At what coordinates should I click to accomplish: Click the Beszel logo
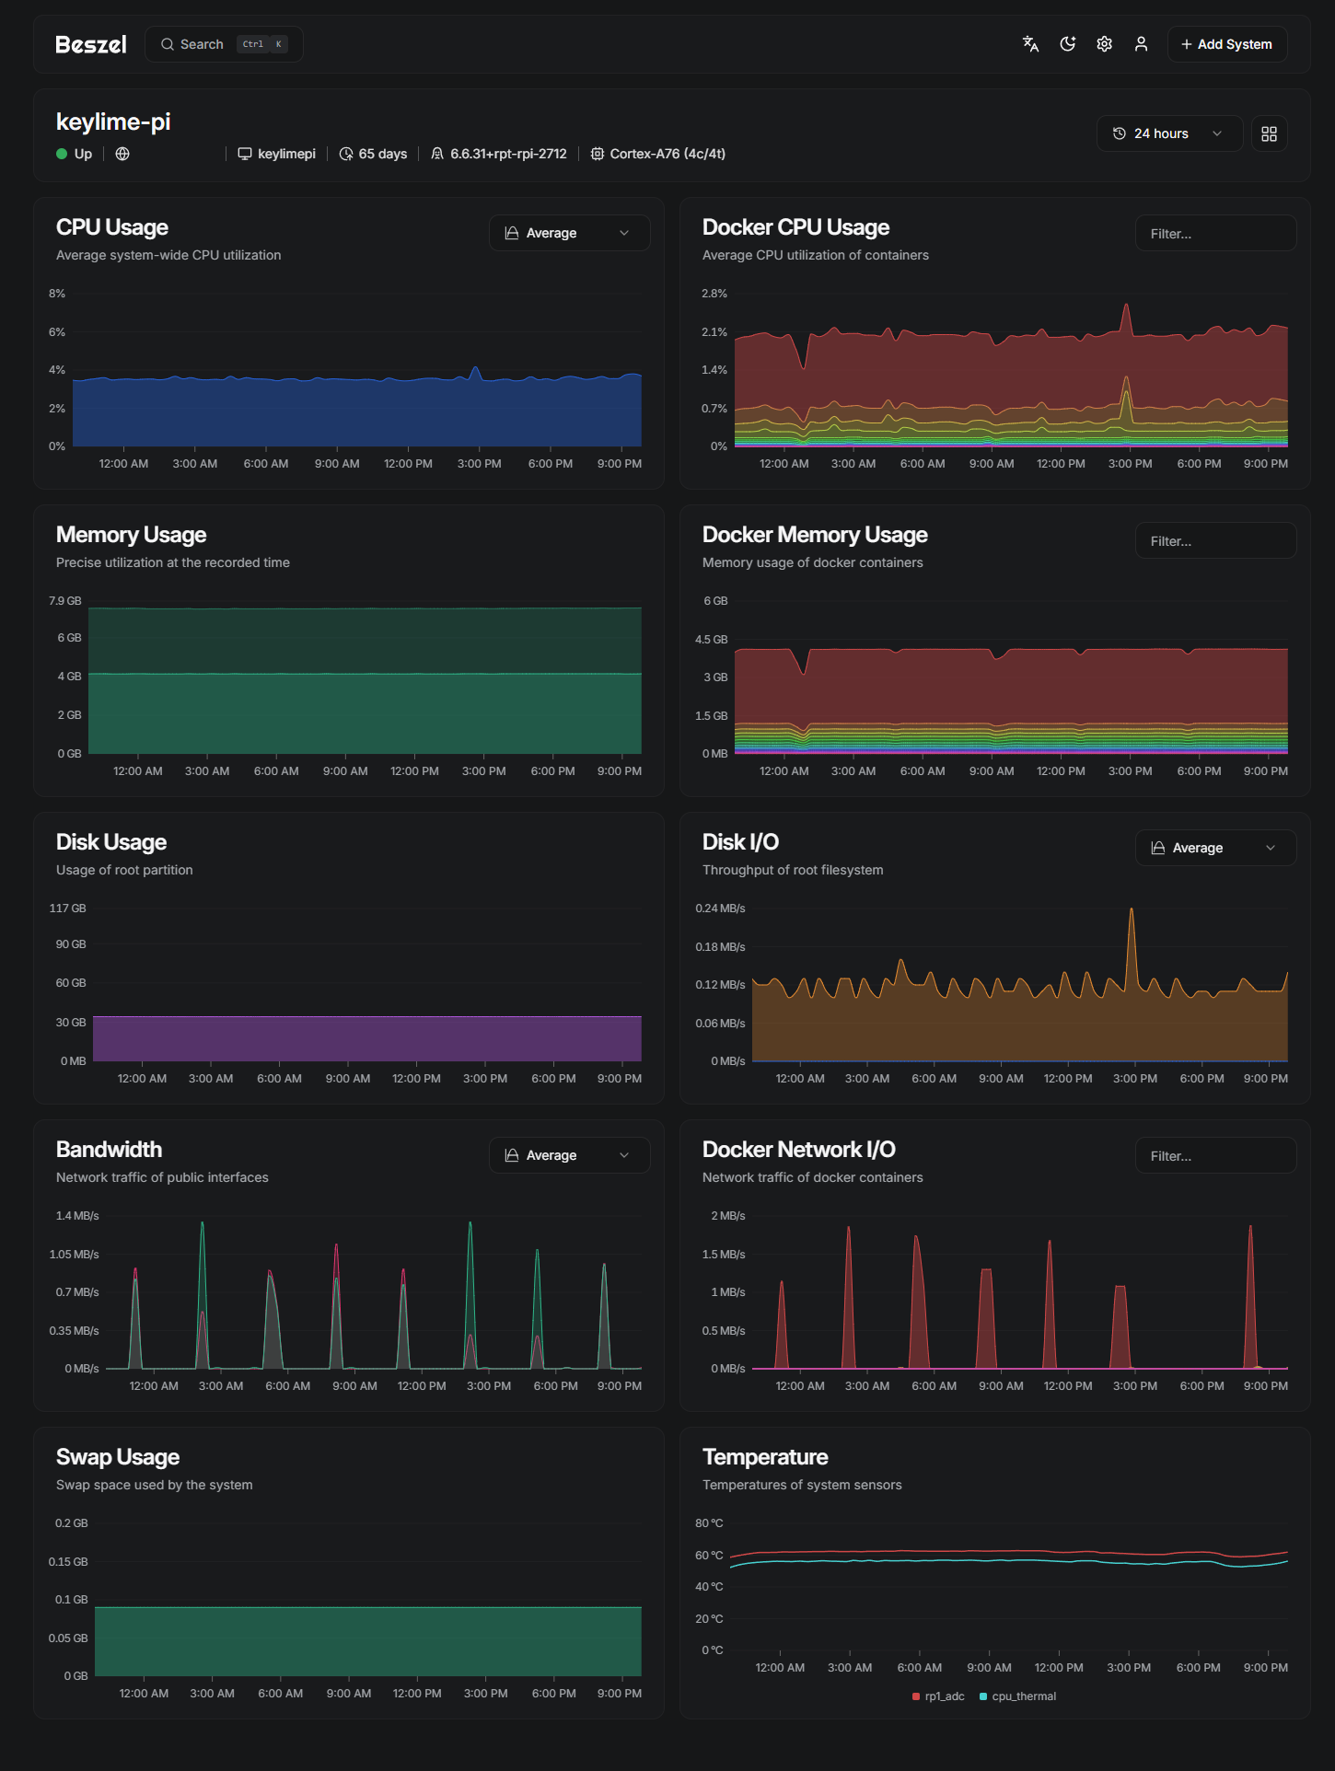click(90, 44)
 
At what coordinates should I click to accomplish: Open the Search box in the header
click(224, 44)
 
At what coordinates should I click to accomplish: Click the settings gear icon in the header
click(1104, 44)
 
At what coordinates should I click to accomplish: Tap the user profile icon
click(1141, 44)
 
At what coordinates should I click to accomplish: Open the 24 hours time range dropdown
click(1168, 133)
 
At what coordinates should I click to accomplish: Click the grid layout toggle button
click(1269, 133)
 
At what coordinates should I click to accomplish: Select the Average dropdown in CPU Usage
click(569, 233)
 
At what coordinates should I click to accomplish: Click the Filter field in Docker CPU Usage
click(1215, 234)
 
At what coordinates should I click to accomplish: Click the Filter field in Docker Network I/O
click(1215, 1156)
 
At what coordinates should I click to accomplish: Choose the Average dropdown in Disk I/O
click(1215, 848)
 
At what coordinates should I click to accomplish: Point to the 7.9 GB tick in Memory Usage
click(65, 601)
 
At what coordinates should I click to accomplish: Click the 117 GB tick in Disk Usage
click(67, 909)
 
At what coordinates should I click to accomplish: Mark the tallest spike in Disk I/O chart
click(1132, 910)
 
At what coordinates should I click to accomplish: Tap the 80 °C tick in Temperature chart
click(709, 1523)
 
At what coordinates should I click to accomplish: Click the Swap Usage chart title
click(118, 1457)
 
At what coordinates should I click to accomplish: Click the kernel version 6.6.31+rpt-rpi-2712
click(508, 154)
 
